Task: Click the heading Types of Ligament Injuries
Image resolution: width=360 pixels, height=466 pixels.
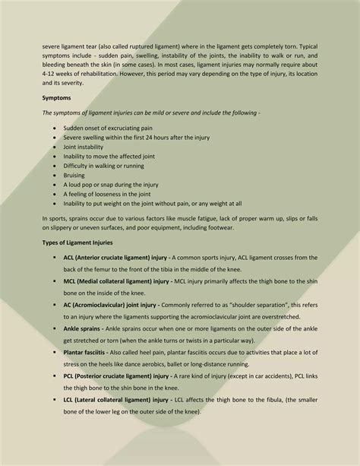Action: [x=77, y=243]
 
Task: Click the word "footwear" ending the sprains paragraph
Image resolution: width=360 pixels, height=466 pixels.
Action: [x=219, y=228]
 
